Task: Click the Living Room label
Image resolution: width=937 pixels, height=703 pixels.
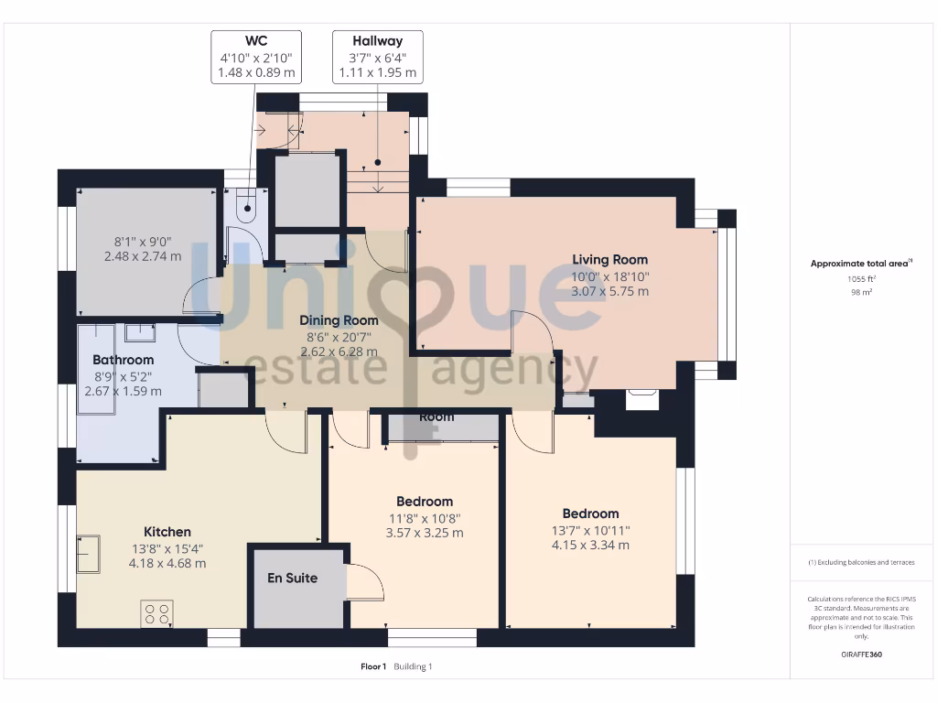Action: click(x=609, y=260)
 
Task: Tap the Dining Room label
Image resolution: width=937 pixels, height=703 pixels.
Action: click(x=339, y=320)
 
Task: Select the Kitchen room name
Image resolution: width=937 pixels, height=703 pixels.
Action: click(x=167, y=532)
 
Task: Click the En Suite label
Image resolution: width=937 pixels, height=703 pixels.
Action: click(x=292, y=579)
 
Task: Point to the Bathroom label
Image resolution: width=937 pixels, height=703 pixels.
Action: click(x=123, y=360)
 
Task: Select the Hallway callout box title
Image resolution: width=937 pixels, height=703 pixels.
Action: click(x=377, y=41)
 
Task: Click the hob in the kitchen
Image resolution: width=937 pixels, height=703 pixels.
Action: click(x=156, y=613)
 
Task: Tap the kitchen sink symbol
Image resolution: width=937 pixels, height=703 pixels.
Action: click(x=88, y=553)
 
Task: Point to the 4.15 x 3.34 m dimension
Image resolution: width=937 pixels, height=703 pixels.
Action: click(x=590, y=545)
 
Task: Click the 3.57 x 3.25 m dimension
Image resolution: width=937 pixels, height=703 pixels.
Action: click(x=425, y=532)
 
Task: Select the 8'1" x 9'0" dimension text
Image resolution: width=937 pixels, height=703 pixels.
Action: click(x=142, y=242)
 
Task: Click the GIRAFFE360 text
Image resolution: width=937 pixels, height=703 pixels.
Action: click(x=860, y=654)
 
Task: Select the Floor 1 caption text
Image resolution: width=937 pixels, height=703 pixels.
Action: click(x=373, y=666)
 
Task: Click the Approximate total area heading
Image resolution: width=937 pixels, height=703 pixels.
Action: click(x=860, y=264)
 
